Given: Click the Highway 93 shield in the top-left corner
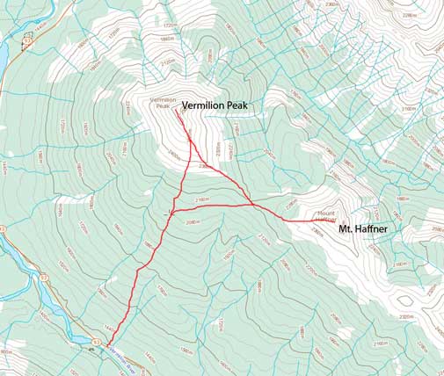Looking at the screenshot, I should coord(27,41).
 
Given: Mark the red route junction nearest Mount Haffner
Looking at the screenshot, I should coord(254,205).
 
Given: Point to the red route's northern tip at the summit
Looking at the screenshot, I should coord(179,109).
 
